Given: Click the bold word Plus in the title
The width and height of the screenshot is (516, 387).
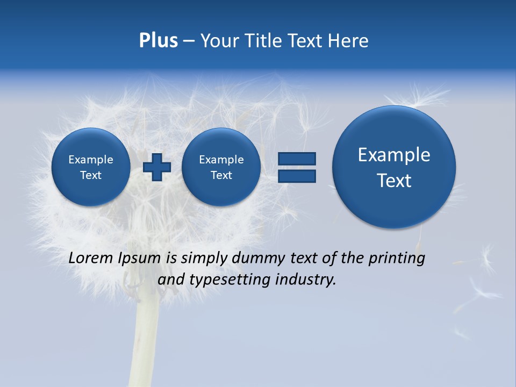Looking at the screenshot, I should click(x=158, y=41).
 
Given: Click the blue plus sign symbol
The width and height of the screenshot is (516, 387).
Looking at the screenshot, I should click(x=157, y=167).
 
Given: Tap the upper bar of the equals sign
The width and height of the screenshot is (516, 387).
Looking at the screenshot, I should click(x=297, y=159).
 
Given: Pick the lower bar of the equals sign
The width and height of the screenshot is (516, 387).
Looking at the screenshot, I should click(x=297, y=176).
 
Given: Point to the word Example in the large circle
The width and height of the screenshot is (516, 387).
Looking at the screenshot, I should click(x=394, y=155).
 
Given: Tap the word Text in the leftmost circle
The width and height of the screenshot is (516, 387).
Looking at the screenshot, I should click(x=91, y=175).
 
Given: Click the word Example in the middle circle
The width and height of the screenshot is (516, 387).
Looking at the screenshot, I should click(x=221, y=160).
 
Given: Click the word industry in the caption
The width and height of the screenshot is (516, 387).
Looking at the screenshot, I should click(x=306, y=280).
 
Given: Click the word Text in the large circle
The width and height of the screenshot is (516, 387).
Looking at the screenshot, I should click(x=394, y=181).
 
